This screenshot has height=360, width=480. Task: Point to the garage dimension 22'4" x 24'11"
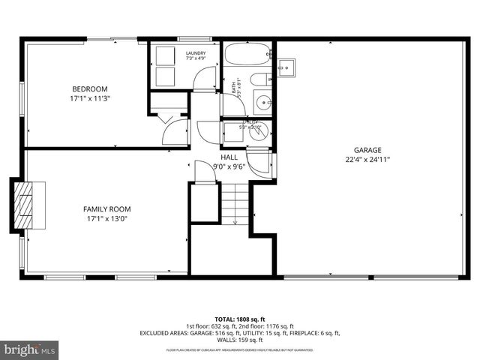coord(367,159)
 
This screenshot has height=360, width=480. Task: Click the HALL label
coord(229,157)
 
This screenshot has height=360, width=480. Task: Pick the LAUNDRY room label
coord(196,52)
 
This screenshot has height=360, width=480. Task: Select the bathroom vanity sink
coord(262,103)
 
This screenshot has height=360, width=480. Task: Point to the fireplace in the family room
coord(26,202)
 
